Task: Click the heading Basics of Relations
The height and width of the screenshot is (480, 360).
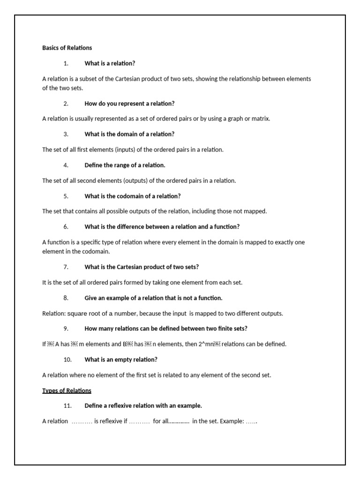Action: (x=67, y=48)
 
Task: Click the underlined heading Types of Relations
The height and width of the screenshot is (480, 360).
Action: (x=67, y=390)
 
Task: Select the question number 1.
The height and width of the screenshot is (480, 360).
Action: (x=66, y=63)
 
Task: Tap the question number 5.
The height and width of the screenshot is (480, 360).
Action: (x=66, y=196)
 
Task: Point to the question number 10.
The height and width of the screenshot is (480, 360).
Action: (x=67, y=360)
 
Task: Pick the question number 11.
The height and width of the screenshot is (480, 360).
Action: (x=67, y=405)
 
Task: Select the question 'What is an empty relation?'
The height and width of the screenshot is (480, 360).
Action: (x=121, y=360)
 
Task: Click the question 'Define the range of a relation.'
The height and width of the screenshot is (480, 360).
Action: (x=125, y=165)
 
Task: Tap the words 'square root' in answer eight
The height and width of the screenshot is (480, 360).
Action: (x=82, y=313)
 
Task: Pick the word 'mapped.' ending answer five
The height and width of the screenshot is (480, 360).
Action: (x=256, y=211)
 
